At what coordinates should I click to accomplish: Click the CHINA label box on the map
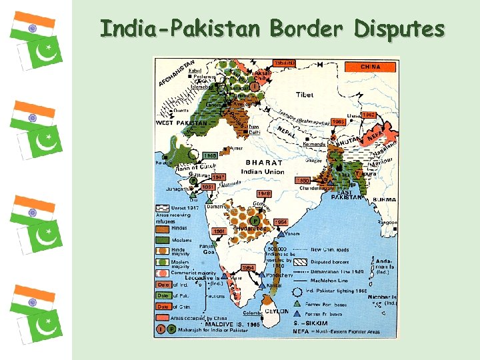coord(371,67)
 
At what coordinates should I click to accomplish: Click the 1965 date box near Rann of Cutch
coord(211,155)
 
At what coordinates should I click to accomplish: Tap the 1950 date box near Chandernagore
coord(302,180)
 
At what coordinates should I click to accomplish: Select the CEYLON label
coord(278,311)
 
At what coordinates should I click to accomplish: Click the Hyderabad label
coord(252,229)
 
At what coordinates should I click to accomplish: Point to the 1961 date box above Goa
coord(220,231)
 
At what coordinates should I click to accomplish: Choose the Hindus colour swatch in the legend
coord(163,228)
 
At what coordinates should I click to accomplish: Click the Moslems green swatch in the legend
coord(163,239)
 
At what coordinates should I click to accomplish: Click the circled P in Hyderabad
coord(255,220)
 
